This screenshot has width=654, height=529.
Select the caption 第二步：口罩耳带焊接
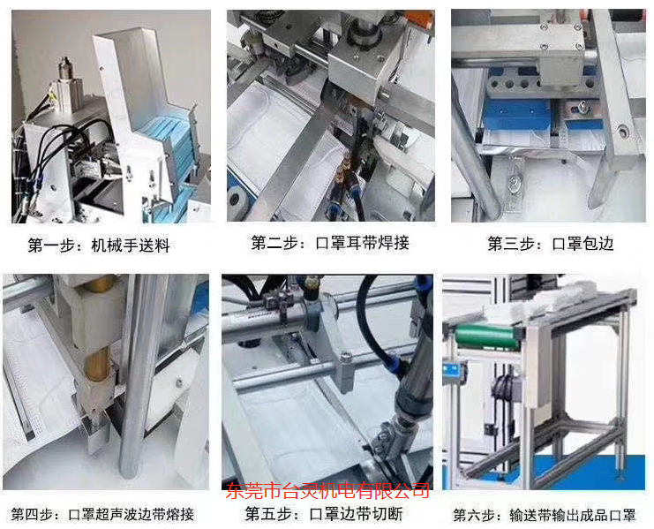(330, 242)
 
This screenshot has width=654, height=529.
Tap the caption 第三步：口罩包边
(550, 243)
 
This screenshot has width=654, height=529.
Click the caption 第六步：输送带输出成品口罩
(545, 514)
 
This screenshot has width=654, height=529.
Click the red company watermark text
(328, 490)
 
